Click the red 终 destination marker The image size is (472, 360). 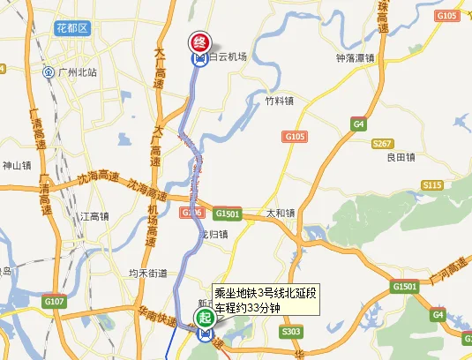coord(199,41)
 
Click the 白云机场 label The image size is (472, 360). coord(227,57)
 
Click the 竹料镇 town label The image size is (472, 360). coord(280,101)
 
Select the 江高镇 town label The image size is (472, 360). coord(94,216)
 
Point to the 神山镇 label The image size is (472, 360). coord(17,165)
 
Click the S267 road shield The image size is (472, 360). coord(383,143)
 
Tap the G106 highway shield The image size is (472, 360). coord(191,213)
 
